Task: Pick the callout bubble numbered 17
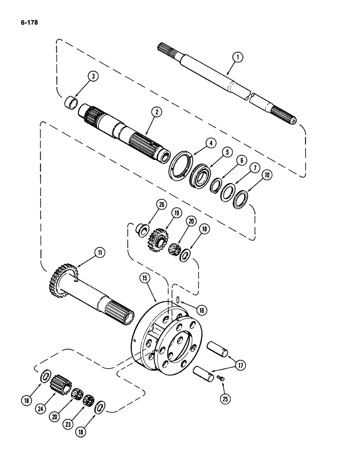click(241, 365)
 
